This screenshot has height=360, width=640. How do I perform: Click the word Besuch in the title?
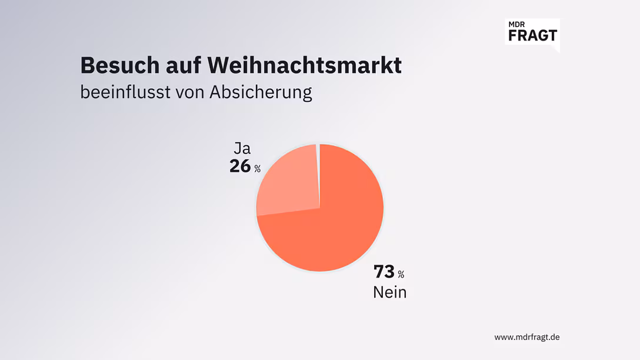tap(112, 65)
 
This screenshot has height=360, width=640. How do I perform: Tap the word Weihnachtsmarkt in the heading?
tap(305, 65)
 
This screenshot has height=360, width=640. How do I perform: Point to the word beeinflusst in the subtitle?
tap(124, 92)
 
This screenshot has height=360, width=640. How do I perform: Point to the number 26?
tap(240, 166)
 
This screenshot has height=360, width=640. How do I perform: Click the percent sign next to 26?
tap(258, 169)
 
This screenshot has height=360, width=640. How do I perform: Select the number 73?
tap(384, 272)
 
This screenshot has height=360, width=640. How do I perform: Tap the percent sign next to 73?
tap(401, 275)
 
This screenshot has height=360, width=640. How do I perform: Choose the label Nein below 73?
tap(389, 292)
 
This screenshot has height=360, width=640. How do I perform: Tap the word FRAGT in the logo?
tap(532, 35)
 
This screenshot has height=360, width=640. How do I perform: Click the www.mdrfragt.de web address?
tap(526, 337)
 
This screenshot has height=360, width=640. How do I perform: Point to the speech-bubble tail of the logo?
tap(556, 49)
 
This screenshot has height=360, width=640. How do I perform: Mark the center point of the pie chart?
tap(319, 208)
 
